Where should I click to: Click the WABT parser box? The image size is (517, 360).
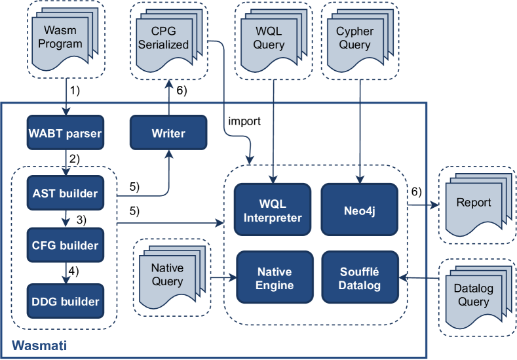[x=65, y=134]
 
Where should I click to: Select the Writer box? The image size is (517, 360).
[x=168, y=133]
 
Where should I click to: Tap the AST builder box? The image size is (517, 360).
[x=65, y=193]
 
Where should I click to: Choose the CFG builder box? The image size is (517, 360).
[x=65, y=245]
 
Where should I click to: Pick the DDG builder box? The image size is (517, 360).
[x=65, y=301]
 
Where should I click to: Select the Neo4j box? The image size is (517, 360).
[x=360, y=209]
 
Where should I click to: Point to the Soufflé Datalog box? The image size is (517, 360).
[x=360, y=278]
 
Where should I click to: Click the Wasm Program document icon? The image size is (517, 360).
[x=63, y=39]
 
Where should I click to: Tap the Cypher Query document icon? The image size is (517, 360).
[x=354, y=39]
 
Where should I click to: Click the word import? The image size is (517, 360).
[x=245, y=121]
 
